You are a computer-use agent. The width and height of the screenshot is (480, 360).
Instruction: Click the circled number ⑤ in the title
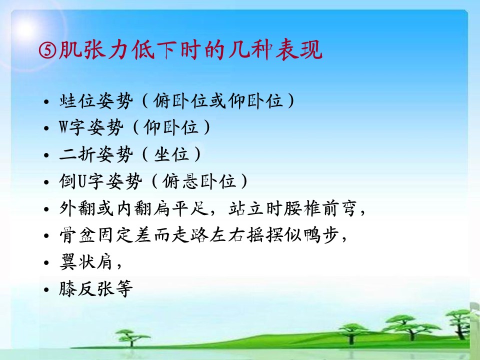click(x=48, y=50)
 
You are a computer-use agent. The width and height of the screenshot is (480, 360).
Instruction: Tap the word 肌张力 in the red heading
click(x=93, y=50)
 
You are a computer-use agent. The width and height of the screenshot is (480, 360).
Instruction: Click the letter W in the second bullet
click(x=63, y=127)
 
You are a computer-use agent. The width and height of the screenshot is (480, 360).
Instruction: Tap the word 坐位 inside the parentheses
click(x=171, y=154)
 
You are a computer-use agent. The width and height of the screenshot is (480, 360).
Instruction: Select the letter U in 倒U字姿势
click(x=81, y=181)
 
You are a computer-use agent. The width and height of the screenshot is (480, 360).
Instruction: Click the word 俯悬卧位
click(x=199, y=181)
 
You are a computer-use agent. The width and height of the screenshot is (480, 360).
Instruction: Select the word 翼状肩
click(x=86, y=262)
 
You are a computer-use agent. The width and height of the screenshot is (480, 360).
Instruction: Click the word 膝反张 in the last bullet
click(x=87, y=289)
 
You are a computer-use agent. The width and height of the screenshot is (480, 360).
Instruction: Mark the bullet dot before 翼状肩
click(x=46, y=263)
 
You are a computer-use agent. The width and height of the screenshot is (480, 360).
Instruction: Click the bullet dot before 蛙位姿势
click(x=46, y=101)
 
